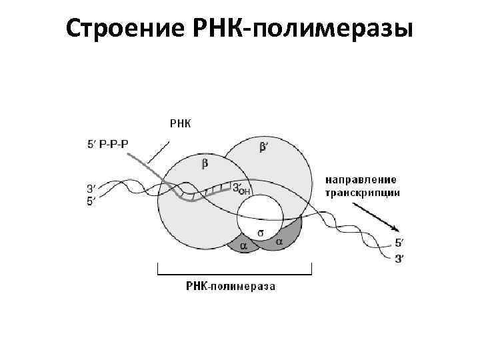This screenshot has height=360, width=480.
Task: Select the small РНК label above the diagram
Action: coord(180,123)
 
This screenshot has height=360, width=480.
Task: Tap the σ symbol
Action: coord(261,233)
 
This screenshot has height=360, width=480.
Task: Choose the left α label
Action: coord(243,245)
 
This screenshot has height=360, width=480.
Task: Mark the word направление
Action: coord(361,179)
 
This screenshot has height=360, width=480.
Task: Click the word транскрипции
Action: coord(363,193)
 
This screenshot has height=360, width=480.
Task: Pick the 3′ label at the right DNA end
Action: coord(399,259)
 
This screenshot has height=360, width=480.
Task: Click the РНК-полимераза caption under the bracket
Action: coord(230,287)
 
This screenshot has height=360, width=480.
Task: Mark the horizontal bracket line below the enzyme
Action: coord(234,273)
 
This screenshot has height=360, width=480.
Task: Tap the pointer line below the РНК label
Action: coord(159,151)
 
